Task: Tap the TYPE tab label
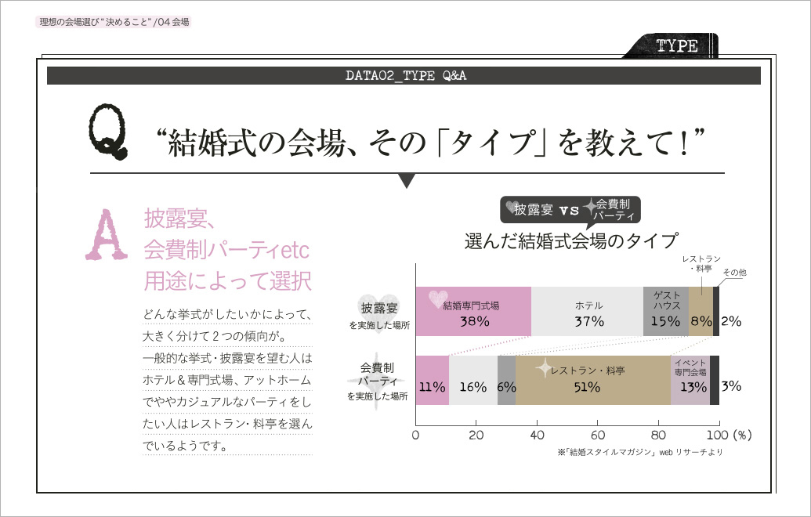click(676, 46)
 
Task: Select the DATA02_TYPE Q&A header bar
click(404, 75)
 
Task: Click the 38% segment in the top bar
click(473, 312)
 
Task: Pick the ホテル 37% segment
click(588, 312)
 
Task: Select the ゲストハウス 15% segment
click(666, 312)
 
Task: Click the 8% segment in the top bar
click(701, 312)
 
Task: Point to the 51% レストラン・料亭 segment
click(593, 380)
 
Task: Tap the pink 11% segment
click(432, 380)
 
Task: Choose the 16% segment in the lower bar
click(473, 380)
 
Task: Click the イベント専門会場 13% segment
click(690, 380)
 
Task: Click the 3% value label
click(731, 386)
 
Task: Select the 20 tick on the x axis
click(476, 435)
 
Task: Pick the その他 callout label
click(733, 272)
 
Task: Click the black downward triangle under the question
click(406, 182)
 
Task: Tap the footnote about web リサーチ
click(639, 452)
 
